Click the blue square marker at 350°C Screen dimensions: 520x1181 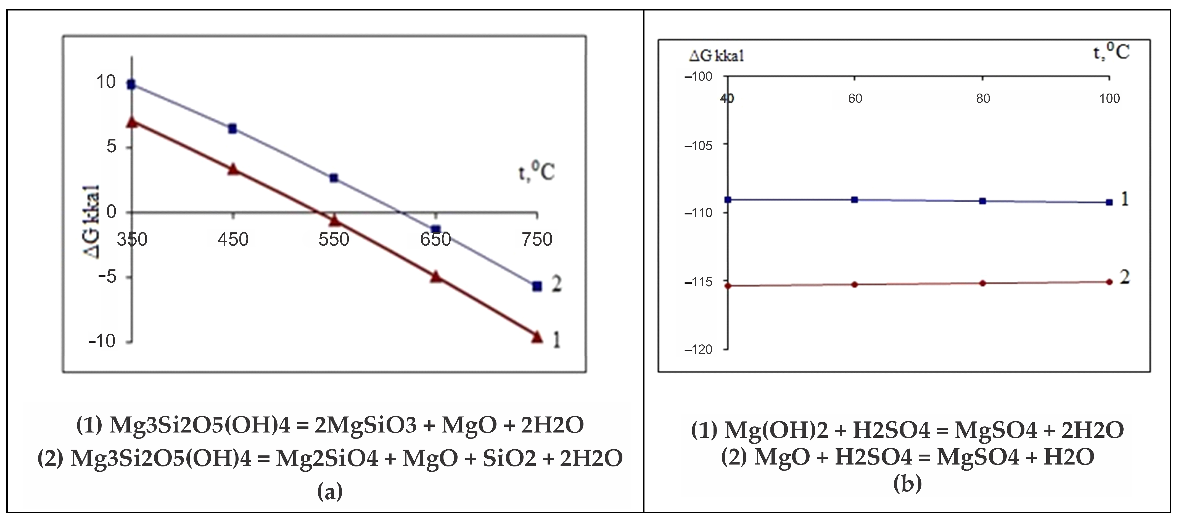point(131,84)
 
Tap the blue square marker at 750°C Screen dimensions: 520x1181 point(537,286)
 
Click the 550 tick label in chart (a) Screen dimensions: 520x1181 point(334,239)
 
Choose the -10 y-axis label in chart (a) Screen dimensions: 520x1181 point(102,341)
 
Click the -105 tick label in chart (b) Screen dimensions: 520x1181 point(698,146)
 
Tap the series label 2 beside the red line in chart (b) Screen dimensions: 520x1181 point(1125,277)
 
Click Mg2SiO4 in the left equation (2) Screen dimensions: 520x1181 point(327,458)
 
